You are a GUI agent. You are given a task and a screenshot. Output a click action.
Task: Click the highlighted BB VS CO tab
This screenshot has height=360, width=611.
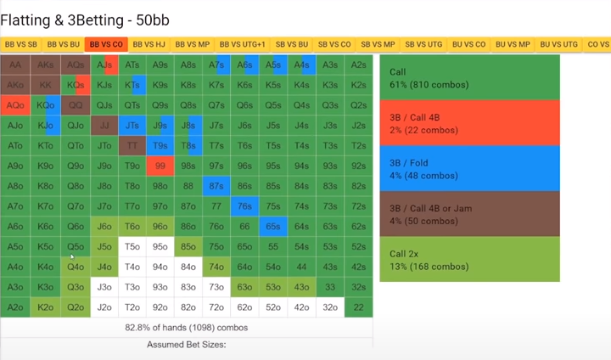(x=105, y=44)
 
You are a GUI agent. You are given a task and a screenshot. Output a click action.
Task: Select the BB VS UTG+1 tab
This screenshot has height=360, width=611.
(x=242, y=44)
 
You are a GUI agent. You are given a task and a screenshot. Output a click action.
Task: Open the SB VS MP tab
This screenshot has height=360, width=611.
(x=378, y=44)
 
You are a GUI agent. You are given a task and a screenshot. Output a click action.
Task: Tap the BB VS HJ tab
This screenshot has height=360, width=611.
(x=149, y=44)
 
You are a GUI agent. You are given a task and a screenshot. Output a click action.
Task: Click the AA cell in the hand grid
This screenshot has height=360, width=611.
(x=15, y=65)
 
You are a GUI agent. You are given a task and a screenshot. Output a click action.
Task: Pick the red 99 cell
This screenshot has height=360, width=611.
(x=160, y=166)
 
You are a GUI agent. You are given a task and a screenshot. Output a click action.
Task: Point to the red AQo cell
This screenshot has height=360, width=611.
(x=15, y=105)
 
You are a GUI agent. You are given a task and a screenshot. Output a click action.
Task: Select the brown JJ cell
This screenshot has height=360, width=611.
(x=104, y=126)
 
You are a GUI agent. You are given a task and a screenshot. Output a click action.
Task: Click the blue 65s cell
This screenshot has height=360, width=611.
(x=272, y=227)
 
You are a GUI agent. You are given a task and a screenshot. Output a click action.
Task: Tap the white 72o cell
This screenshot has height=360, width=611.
(x=216, y=308)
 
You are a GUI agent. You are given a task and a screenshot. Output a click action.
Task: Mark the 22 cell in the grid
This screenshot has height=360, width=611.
(x=359, y=308)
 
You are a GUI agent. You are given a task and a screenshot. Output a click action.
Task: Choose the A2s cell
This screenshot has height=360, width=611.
(x=359, y=65)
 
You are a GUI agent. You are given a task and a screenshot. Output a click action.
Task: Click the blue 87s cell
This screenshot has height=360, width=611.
(x=216, y=186)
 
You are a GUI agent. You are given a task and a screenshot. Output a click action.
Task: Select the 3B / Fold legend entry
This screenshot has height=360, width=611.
(x=469, y=168)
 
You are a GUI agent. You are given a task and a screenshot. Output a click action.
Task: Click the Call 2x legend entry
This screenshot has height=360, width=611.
(x=469, y=259)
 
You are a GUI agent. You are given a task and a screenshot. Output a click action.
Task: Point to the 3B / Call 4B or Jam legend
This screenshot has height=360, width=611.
(x=469, y=213)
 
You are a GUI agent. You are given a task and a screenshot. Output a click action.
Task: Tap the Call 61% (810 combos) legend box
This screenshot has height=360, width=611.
(x=469, y=77)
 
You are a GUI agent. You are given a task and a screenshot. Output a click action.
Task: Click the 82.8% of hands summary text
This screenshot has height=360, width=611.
(x=186, y=327)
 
